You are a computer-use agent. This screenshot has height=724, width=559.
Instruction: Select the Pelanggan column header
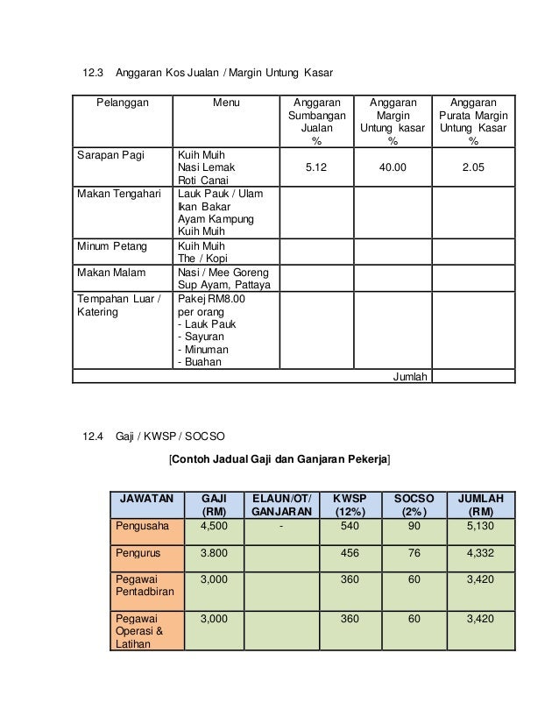[123, 102]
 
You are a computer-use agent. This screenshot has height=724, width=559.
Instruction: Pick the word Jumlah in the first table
[410, 377]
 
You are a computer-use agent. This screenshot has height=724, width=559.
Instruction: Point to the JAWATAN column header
[146, 498]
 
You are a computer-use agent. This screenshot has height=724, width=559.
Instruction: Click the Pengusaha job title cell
[143, 526]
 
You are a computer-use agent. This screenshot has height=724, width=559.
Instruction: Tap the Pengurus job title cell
[139, 554]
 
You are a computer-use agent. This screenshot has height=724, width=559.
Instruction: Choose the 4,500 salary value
[214, 526]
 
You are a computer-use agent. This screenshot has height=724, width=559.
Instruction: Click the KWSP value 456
[350, 554]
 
